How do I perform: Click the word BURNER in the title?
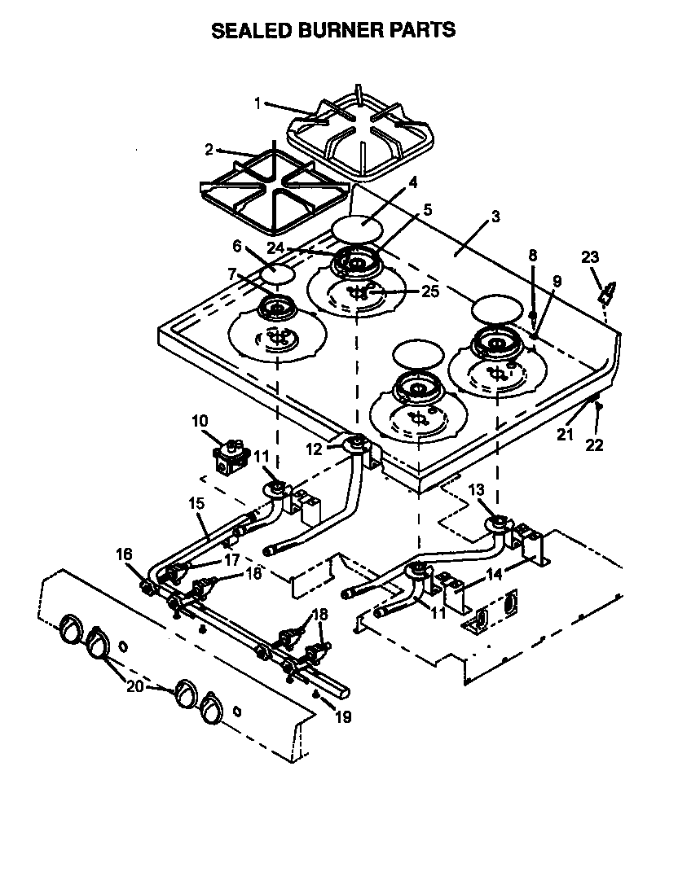click(334, 31)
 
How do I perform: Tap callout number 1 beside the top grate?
click(258, 103)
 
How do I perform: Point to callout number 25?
click(430, 291)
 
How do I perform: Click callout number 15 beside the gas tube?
click(196, 504)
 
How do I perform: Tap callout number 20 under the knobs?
click(135, 685)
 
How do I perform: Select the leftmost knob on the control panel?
click(70, 629)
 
